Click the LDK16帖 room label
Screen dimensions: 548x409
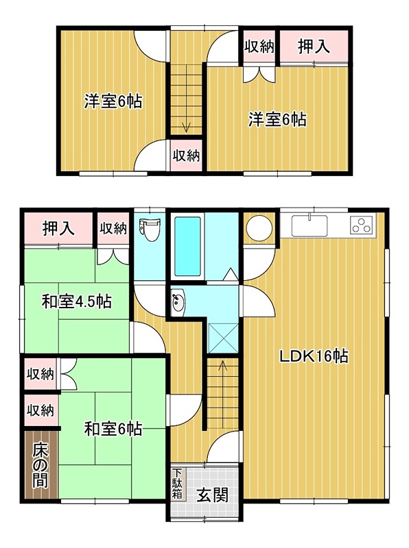[314, 356]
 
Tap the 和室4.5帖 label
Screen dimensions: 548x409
[76, 301]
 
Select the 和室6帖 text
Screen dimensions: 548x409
[113, 429]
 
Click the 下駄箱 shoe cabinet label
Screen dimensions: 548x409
[177, 484]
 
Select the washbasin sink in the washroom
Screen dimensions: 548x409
[178, 301]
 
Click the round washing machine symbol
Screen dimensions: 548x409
[260, 229]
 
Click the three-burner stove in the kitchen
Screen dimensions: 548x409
[361, 225]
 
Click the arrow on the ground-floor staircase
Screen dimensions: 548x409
[222, 367]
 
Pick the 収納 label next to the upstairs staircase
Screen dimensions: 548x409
[185, 155]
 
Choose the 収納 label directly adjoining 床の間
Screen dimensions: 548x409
[40, 410]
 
